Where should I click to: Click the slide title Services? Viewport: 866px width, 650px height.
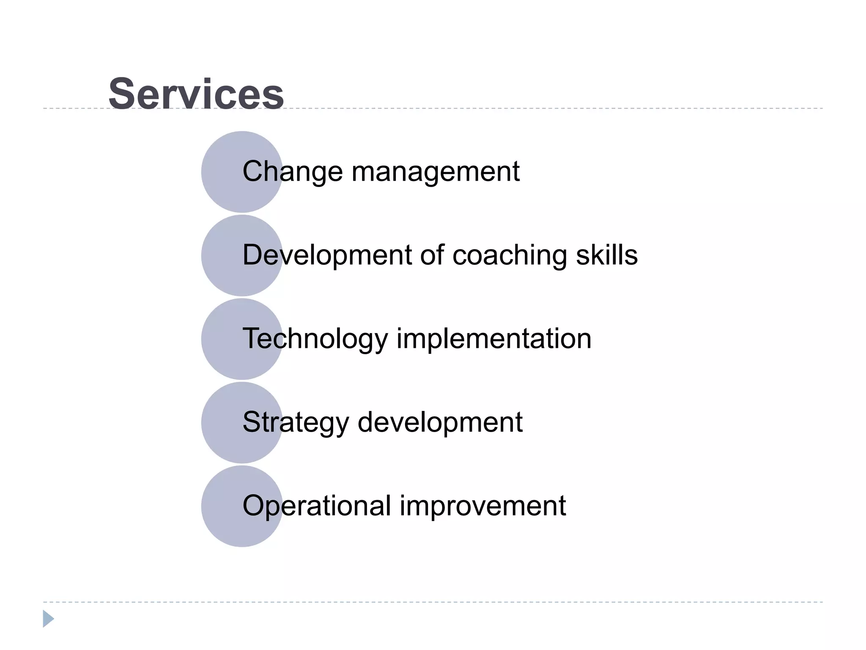[196, 94]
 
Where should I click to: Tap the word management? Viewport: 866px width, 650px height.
[436, 172]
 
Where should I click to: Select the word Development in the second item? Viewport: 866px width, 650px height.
[327, 256]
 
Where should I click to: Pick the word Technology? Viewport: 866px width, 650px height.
[315, 339]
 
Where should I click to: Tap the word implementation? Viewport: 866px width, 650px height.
[493, 339]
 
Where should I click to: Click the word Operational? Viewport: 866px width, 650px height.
[317, 506]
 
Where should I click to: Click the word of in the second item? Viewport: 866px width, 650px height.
[432, 255]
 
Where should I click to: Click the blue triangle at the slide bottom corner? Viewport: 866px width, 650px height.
[48, 619]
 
